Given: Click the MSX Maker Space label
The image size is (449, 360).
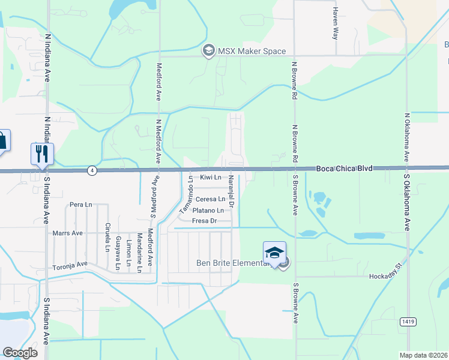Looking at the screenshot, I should click(252, 51).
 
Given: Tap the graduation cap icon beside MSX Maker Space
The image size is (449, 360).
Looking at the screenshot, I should click(209, 51).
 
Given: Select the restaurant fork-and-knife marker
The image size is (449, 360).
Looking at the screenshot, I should click(42, 154).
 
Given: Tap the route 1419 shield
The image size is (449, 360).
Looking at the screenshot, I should click(406, 322).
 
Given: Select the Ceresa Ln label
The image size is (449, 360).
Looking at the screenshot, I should click(210, 199).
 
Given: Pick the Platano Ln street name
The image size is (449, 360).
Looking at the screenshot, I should click(208, 211).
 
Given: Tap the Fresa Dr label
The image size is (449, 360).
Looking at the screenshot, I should click(203, 221).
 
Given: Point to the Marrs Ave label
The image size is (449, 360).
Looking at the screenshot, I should click(67, 233).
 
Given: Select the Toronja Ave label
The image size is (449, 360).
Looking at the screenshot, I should click(70, 265).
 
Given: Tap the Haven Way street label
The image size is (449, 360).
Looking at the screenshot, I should click(336, 24).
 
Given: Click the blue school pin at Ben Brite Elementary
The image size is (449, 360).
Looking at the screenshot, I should click(274, 253).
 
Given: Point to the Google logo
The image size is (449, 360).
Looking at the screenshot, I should click(20, 352).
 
